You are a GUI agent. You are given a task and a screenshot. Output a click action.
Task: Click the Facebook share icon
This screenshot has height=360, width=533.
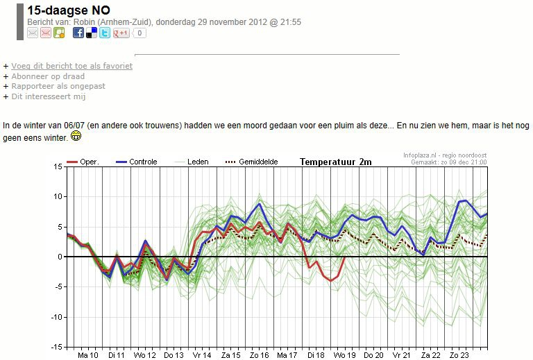click(78, 33)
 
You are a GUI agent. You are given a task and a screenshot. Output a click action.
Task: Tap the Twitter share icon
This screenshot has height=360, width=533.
click(105, 33)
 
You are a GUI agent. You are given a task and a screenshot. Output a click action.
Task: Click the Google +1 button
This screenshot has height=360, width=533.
click(121, 33)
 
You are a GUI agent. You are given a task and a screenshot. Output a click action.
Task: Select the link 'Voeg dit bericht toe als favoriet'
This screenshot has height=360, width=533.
click(71, 66)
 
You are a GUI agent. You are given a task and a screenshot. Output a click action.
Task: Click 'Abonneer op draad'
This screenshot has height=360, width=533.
click(48, 76)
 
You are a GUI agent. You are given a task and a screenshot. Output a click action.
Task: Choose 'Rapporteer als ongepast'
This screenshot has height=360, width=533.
click(58, 86)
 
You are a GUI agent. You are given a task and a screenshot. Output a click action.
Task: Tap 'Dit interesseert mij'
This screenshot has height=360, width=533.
click(49, 96)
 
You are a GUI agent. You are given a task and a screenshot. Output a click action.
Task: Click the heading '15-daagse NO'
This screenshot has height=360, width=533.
click(69, 10)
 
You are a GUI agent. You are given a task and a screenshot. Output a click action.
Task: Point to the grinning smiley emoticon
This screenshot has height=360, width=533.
click(76, 136)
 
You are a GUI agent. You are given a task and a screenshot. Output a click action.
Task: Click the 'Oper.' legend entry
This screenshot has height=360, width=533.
click(83, 162)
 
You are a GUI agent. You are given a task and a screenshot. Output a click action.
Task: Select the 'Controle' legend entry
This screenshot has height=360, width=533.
click(136, 162)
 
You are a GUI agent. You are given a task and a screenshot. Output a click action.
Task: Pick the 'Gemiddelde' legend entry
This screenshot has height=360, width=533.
click(251, 162)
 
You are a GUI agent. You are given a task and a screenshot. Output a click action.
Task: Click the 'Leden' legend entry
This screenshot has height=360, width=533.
click(192, 162)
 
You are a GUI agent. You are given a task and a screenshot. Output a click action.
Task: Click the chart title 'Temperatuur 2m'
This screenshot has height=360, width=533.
click(335, 162)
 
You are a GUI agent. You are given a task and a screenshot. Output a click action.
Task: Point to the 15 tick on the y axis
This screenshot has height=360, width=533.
click(58, 166)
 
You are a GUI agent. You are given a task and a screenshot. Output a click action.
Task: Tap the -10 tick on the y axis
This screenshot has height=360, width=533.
click(56, 317)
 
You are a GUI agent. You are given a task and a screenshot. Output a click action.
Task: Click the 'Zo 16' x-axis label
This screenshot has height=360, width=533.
click(260, 355)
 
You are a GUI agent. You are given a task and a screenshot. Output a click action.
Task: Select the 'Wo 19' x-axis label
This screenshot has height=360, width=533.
click(345, 355)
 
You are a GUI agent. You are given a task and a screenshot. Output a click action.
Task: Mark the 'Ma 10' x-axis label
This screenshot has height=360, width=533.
click(87, 355)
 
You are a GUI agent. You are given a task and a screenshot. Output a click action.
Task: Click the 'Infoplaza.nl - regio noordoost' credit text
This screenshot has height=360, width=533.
click(445, 155)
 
